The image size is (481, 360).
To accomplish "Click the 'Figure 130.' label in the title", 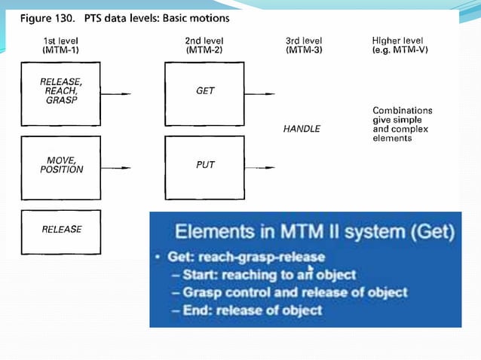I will click(x=46, y=17).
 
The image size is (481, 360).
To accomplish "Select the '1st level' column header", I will click(x=61, y=40).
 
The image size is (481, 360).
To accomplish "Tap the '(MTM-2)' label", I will click(x=204, y=50).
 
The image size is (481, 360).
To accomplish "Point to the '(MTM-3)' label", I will click(x=304, y=50).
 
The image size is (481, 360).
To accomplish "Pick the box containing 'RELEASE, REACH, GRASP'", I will click(x=60, y=93).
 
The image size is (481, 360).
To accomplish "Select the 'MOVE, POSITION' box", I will click(x=60, y=166).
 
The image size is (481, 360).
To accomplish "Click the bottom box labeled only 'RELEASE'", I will click(x=60, y=229).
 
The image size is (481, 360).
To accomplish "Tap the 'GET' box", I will click(x=204, y=93).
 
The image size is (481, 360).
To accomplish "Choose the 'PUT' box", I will click(x=204, y=166).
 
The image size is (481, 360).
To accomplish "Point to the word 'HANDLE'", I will click(x=302, y=129).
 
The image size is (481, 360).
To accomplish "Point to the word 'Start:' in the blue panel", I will click(x=199, y=275).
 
